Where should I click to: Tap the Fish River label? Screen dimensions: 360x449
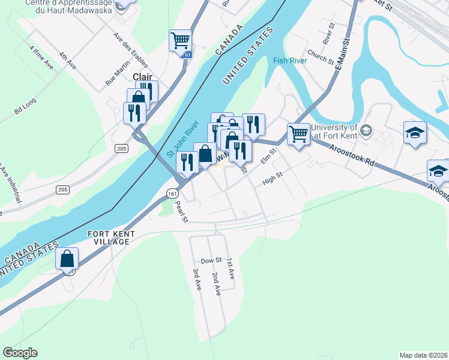[290, 61]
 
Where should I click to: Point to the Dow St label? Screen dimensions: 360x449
[211, 260]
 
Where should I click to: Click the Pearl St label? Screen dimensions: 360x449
[181, 211]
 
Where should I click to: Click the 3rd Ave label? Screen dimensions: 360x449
[196, 280]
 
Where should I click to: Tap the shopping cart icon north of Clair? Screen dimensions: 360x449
[180, 41]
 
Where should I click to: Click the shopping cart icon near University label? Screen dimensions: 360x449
[298, 134]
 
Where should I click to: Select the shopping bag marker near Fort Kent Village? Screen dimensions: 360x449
[67, 259]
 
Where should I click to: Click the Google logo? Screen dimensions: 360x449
[20, 353]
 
